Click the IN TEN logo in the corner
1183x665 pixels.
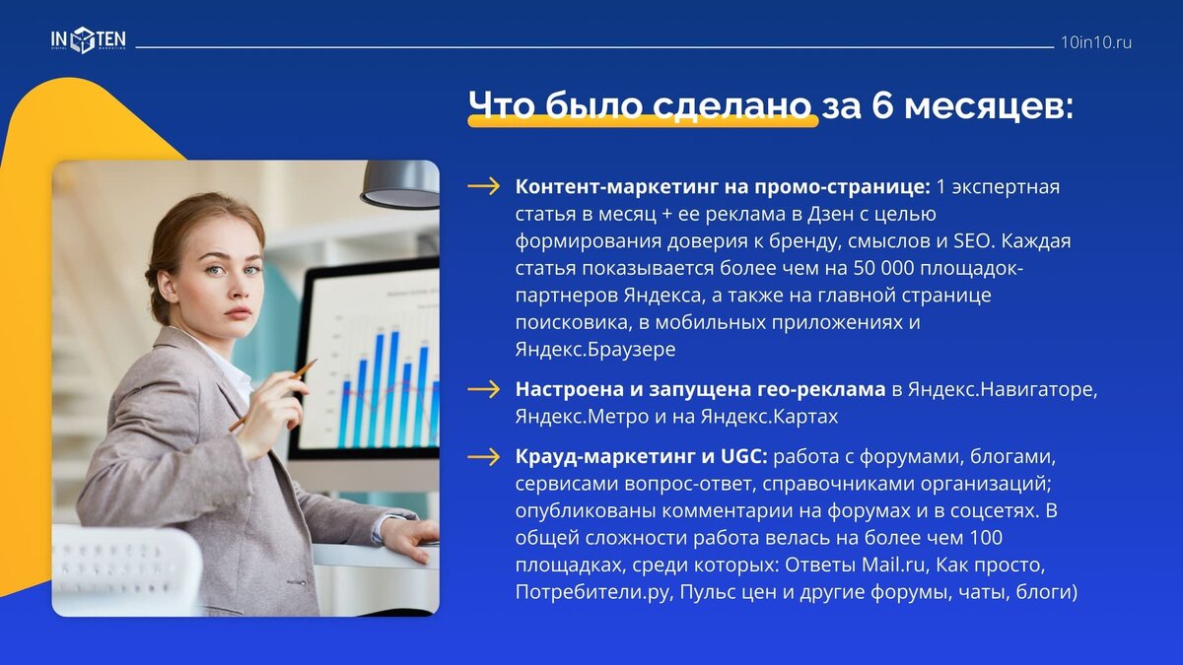[89, 39]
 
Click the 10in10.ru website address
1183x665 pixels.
[1096, 42]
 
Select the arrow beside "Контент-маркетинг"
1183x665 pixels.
[483, 187]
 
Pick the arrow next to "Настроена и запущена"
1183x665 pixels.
[483, 389]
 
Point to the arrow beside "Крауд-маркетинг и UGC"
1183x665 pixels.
[483, 456]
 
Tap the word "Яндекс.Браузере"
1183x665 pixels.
[594, 349]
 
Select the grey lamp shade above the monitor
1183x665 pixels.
[400, 183]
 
